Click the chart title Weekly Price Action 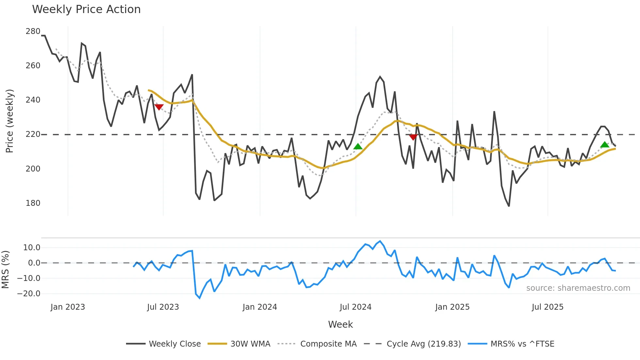86,9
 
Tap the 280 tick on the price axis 33,31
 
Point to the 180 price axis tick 33,203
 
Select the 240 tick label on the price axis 33,100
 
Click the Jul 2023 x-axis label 163,307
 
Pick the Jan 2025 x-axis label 452,307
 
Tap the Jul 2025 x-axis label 548,307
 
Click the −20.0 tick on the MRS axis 29,294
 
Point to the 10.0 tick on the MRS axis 32,248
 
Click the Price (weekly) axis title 9,121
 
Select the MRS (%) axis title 5,270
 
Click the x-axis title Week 340,324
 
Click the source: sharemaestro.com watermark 578,288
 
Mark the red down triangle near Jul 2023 159,107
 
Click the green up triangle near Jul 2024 358,146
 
